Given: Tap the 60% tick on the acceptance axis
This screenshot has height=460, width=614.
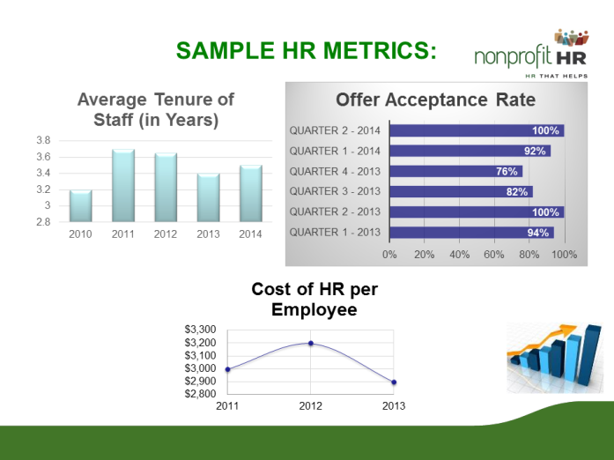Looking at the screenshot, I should pyautogui.click(x=494, y=254).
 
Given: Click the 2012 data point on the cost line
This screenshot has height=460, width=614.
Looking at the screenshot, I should pyautogui.click(x=310, y=343).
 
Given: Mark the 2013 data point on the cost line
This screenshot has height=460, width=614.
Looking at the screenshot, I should pyautogui.click(x=394, y=382).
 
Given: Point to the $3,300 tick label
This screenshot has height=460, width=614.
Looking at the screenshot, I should pyautogui.click(x=200, y=330).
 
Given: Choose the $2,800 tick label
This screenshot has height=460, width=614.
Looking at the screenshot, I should pyautogui.click(x=200, y=394).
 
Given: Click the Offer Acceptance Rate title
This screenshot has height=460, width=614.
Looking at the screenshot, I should pyautogui.click(x=435, y=100).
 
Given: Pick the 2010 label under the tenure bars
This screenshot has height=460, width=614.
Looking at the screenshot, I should pyautogui.click(x=81, y=234).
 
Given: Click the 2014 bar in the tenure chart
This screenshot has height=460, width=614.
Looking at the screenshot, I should pyautogui.click(x=250, y=193).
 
